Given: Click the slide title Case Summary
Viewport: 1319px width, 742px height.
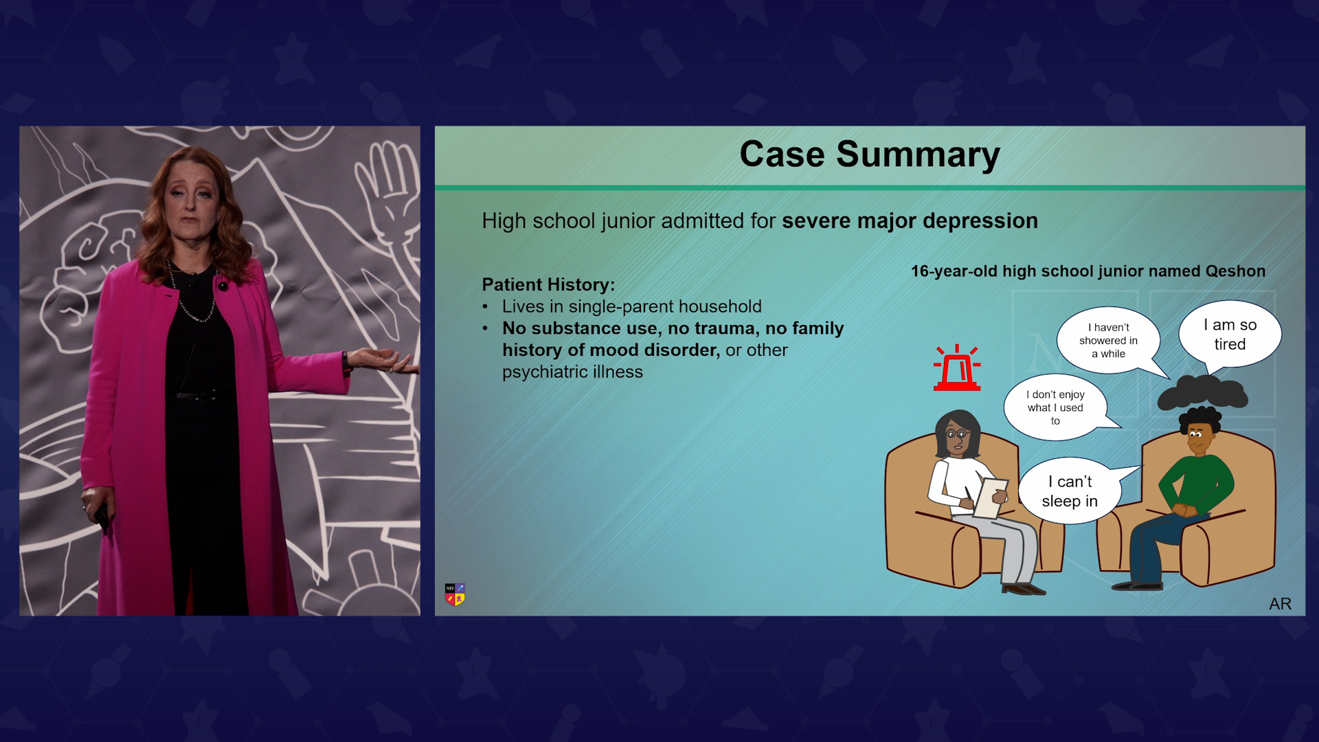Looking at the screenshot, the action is tap(870, 155).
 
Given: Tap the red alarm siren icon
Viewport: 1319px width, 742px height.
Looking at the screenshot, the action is tap(957, 368).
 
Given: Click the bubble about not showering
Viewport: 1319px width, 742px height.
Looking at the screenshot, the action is tap(1109, 341).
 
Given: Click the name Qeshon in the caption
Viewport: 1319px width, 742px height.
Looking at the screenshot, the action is tap(1235, 271).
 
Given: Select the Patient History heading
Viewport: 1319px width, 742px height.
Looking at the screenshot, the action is tap(548, 284).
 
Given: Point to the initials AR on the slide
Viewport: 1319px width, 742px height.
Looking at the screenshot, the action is tap(1280, 604).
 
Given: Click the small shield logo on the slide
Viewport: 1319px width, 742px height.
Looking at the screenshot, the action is tap(455, 594).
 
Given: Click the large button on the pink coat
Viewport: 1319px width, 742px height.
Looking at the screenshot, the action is tap(223, 286).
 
